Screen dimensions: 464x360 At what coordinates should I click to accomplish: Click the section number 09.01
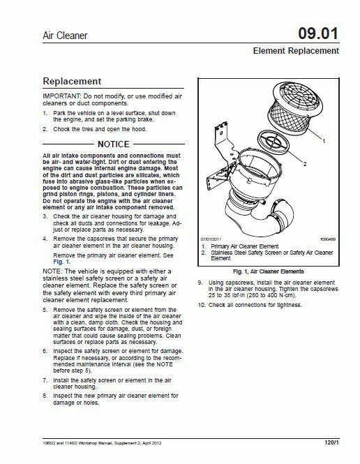click(318, 32)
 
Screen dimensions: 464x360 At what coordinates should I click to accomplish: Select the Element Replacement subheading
click(296, 51)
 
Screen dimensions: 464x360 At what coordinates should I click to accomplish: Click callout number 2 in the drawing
click(306, 165)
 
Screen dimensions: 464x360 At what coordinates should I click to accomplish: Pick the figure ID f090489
click(327, 239)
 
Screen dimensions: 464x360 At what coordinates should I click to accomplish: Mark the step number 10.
click(202, 305)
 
